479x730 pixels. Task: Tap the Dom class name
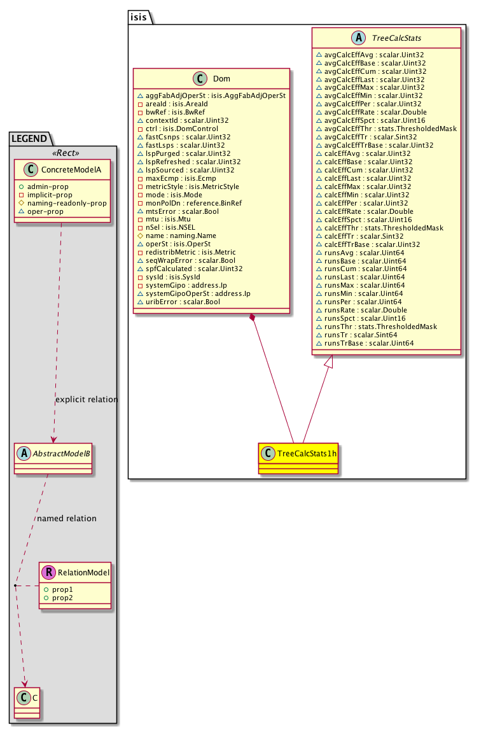[x=221, y=79]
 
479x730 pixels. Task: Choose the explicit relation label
[x=87, y=400]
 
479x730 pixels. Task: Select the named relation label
[x=67, y=519]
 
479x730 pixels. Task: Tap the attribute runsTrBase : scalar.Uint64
[x=369, y=343]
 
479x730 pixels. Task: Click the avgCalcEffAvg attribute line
[x=370, y=55]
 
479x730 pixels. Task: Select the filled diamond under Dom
[x=253, y=317]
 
